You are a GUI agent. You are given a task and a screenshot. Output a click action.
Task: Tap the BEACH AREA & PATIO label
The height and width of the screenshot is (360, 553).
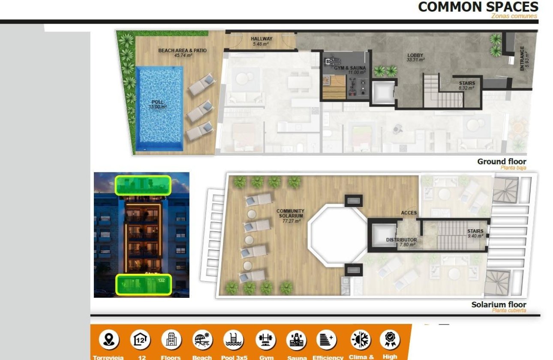(x=182, y=51)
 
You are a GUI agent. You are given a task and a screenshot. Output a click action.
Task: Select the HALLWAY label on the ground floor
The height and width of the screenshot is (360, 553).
(x=261, y=39)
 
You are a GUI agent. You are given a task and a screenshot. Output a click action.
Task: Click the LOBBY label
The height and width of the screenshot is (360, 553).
(x=415, y=55)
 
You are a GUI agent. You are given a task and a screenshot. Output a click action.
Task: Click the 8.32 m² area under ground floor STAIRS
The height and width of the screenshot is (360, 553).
(x=466, y=88)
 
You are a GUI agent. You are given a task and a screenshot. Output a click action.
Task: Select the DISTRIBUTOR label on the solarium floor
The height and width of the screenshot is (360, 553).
(x=401, y=240)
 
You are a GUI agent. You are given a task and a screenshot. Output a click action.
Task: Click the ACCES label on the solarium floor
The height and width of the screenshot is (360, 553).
(x=409, y=213)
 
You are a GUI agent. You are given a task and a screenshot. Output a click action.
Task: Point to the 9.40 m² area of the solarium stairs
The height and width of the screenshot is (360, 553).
(x=475, y=236)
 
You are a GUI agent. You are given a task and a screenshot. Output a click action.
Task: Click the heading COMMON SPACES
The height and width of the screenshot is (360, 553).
(x=478, y=7)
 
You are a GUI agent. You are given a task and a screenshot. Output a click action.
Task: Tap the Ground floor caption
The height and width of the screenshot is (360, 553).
(x=502, y=162)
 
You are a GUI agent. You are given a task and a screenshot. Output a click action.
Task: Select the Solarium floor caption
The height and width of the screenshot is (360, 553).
(x=499, y=305)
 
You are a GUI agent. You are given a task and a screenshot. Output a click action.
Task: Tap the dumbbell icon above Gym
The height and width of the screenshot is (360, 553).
(x=266, y=340)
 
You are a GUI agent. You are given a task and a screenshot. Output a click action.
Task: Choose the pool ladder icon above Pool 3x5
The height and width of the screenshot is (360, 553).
(x=234, y=340)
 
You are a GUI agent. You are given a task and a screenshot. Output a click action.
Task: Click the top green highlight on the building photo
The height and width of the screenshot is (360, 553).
(x=143, y=185)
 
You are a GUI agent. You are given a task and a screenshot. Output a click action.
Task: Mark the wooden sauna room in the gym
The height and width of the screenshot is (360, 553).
(x=334, y=87)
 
